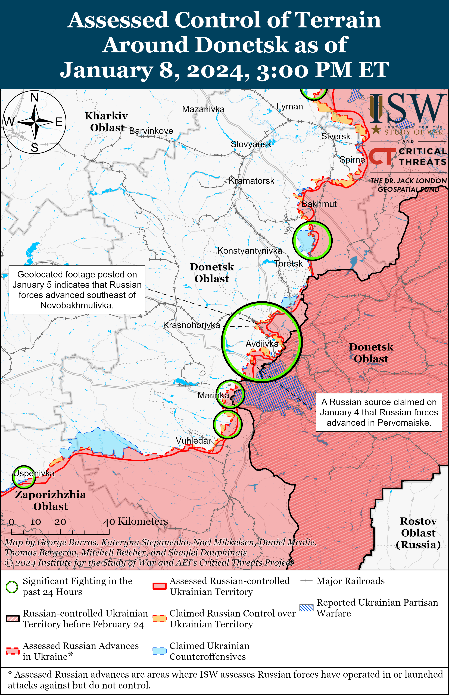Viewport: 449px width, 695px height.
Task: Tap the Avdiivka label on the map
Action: pos(262,344)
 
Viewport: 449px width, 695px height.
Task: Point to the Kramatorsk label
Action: pos(251,181)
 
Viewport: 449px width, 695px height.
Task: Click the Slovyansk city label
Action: pos(251,144)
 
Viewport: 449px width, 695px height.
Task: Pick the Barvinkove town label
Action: pos(151,131)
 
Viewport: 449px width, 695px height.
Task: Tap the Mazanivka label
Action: pos(203,109)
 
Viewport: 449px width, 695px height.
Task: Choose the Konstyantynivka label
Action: pos(250,251)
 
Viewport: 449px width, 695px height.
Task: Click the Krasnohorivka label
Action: pos(192,325)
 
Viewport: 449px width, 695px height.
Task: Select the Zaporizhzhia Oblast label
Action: pos(50,500)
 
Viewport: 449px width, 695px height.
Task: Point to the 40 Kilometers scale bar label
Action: pos(136,521)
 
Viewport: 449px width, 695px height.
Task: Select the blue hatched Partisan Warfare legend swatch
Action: pos(306,608)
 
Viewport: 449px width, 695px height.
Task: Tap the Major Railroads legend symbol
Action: pos(306,581)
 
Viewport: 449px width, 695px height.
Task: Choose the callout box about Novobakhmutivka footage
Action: pos(77,290)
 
